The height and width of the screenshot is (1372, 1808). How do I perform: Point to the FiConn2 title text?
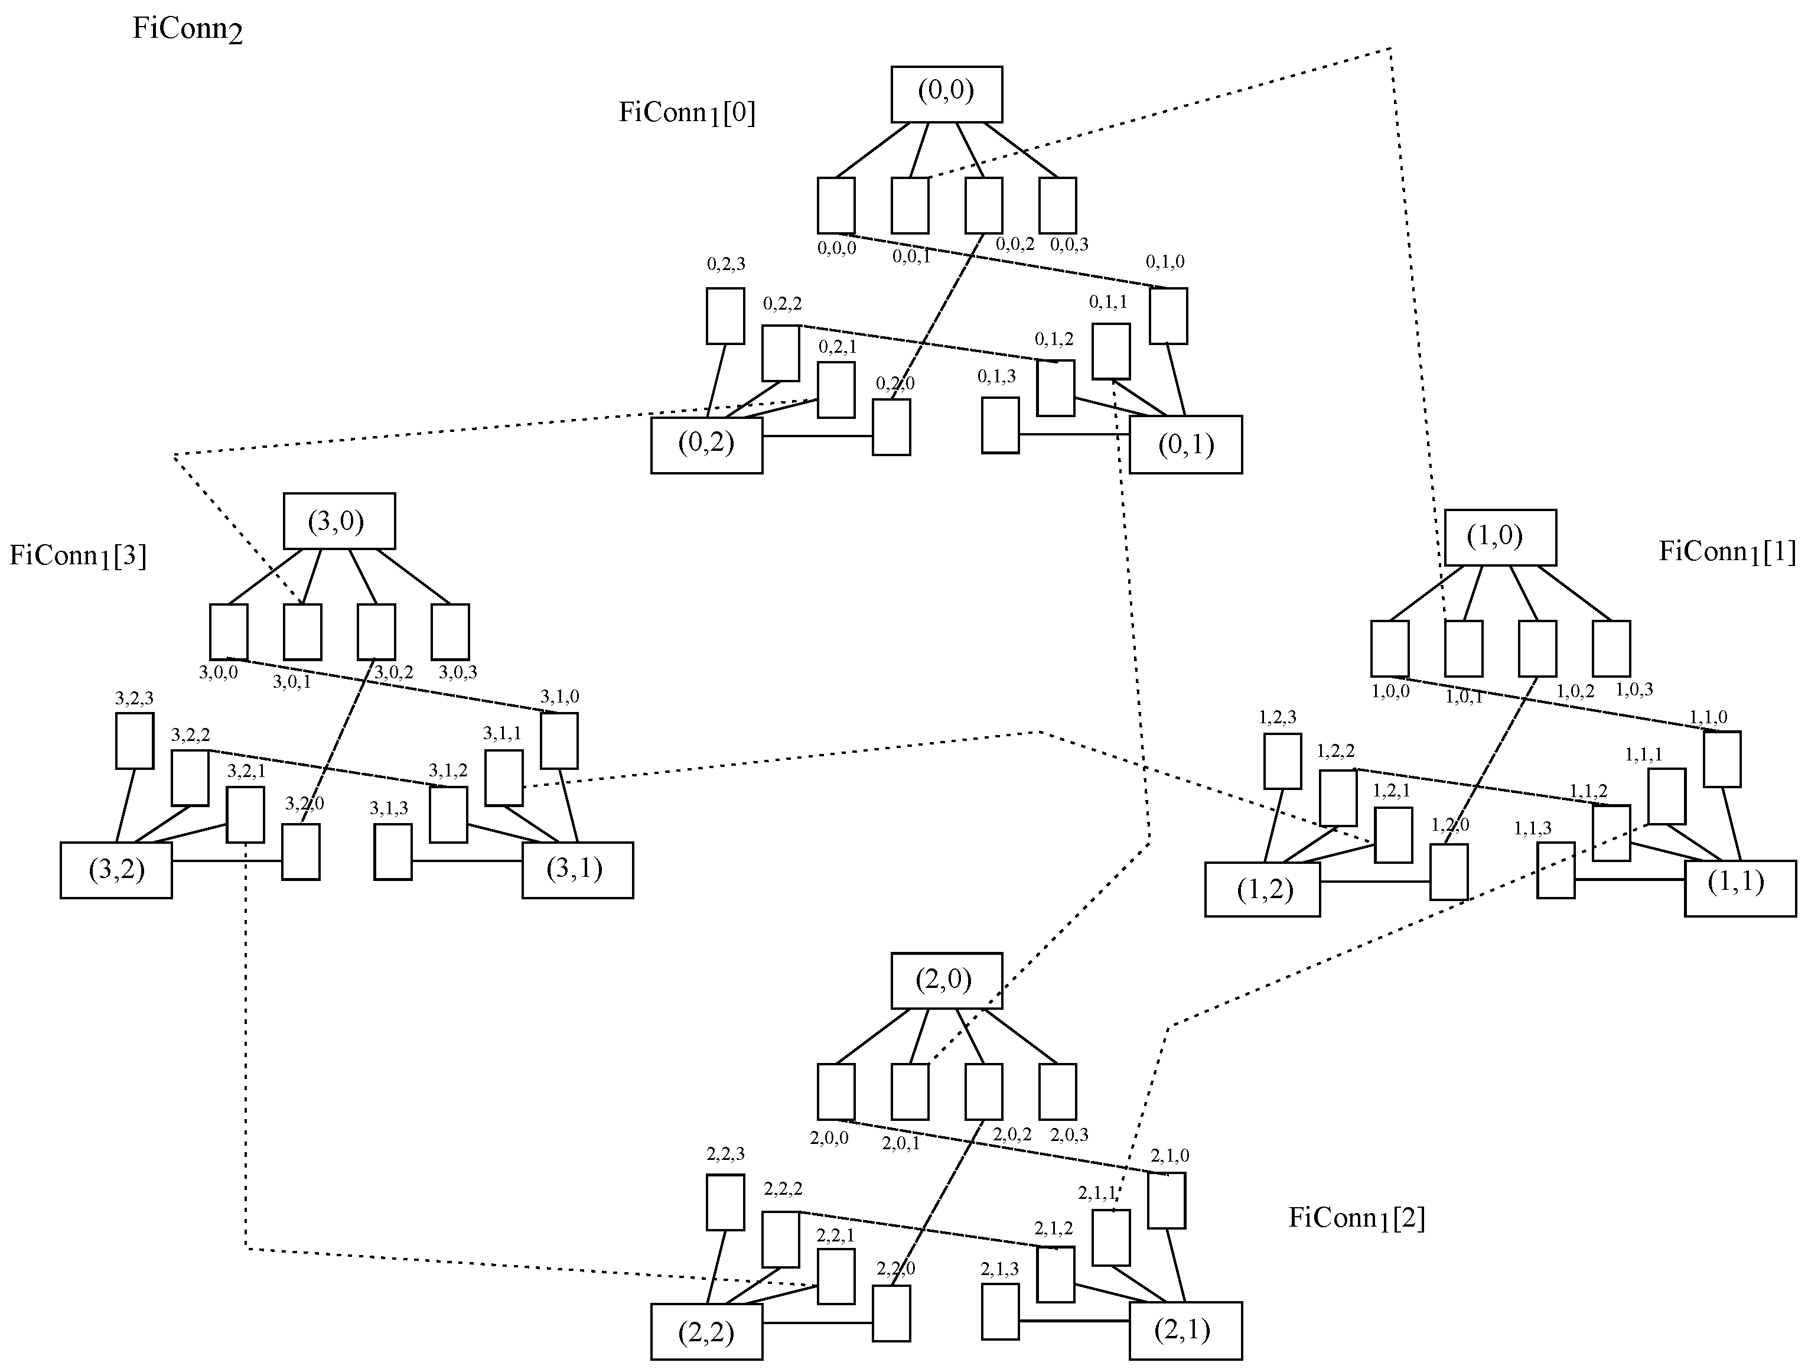[x=187, y=30]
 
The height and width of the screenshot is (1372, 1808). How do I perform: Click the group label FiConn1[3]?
[x=77, y=556]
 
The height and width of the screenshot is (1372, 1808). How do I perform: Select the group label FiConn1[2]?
[x=1357, y=1218]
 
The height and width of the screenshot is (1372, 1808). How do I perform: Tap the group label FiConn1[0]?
[x=686, y=113]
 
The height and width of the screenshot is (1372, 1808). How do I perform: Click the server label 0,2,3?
[x=726, y=264]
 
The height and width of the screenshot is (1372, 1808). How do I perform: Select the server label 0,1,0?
[x=1165, y=262]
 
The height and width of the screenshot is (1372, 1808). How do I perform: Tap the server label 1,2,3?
[x=1278, y=717]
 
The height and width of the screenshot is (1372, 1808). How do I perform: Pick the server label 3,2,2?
[x=190, y=735]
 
